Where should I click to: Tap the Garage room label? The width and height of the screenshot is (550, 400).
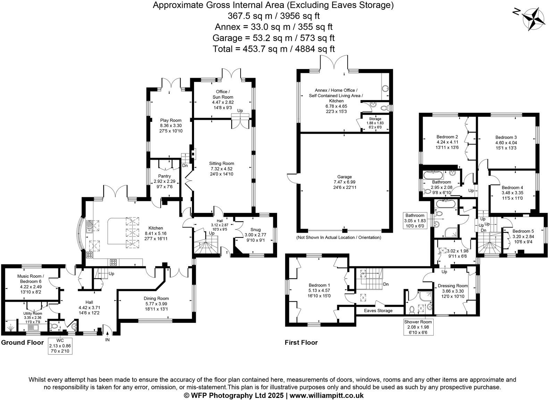(x=344, y=177)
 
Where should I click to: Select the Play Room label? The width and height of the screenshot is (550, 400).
(x=171, y=120)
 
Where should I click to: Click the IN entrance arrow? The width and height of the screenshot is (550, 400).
(x=107, y=335)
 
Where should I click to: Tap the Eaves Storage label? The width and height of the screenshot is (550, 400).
(x=378, y=310)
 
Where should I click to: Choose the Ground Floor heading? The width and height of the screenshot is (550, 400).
(x=23, y=343)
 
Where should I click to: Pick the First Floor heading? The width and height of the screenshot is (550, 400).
(x=301, y=343)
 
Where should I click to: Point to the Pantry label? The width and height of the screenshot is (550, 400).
(x=164, y=176)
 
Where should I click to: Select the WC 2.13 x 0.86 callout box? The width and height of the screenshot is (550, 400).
(x=60, y=346)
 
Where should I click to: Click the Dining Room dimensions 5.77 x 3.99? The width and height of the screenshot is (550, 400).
(x=156, y=304)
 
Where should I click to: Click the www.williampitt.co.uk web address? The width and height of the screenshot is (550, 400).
(x=326, y=395)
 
